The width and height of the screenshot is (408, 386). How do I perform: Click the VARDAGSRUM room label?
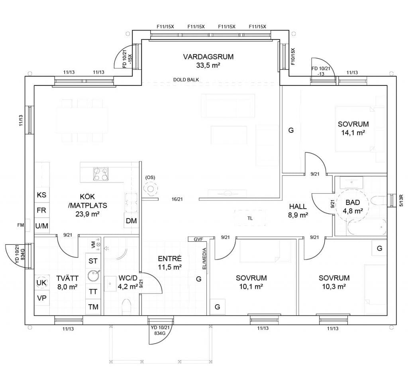click(208, 57)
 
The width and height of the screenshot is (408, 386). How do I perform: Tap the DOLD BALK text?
click(186, 79)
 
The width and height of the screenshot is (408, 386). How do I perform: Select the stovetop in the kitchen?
click(101, 174)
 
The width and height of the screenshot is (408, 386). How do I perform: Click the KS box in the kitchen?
click(41, 195)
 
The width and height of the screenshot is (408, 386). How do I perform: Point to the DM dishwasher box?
click(131, 221)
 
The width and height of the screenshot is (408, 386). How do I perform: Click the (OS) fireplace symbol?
click(150, 189)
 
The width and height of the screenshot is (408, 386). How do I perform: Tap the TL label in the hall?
click(250, 219)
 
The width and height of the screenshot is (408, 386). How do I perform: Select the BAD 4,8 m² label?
click(353, 207)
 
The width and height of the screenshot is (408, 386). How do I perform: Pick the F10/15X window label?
click(293, 56)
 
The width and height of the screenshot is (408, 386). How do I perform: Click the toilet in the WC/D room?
click(126, 306)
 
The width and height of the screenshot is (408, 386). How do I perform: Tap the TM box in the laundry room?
click(93, 307)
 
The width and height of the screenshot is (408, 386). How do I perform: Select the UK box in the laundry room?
click(41, 283)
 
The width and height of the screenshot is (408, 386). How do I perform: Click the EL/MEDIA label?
click(204, 259)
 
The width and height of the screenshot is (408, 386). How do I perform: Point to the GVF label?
click(198, 239)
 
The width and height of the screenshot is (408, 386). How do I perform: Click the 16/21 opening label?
click(177, 199)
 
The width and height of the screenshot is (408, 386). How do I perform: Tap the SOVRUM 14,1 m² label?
click(353, 128)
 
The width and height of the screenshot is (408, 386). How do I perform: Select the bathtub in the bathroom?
click(367, 227)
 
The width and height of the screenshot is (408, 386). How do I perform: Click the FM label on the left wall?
click(21, 225)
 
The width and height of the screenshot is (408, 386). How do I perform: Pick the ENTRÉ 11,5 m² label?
click(170, 263)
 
